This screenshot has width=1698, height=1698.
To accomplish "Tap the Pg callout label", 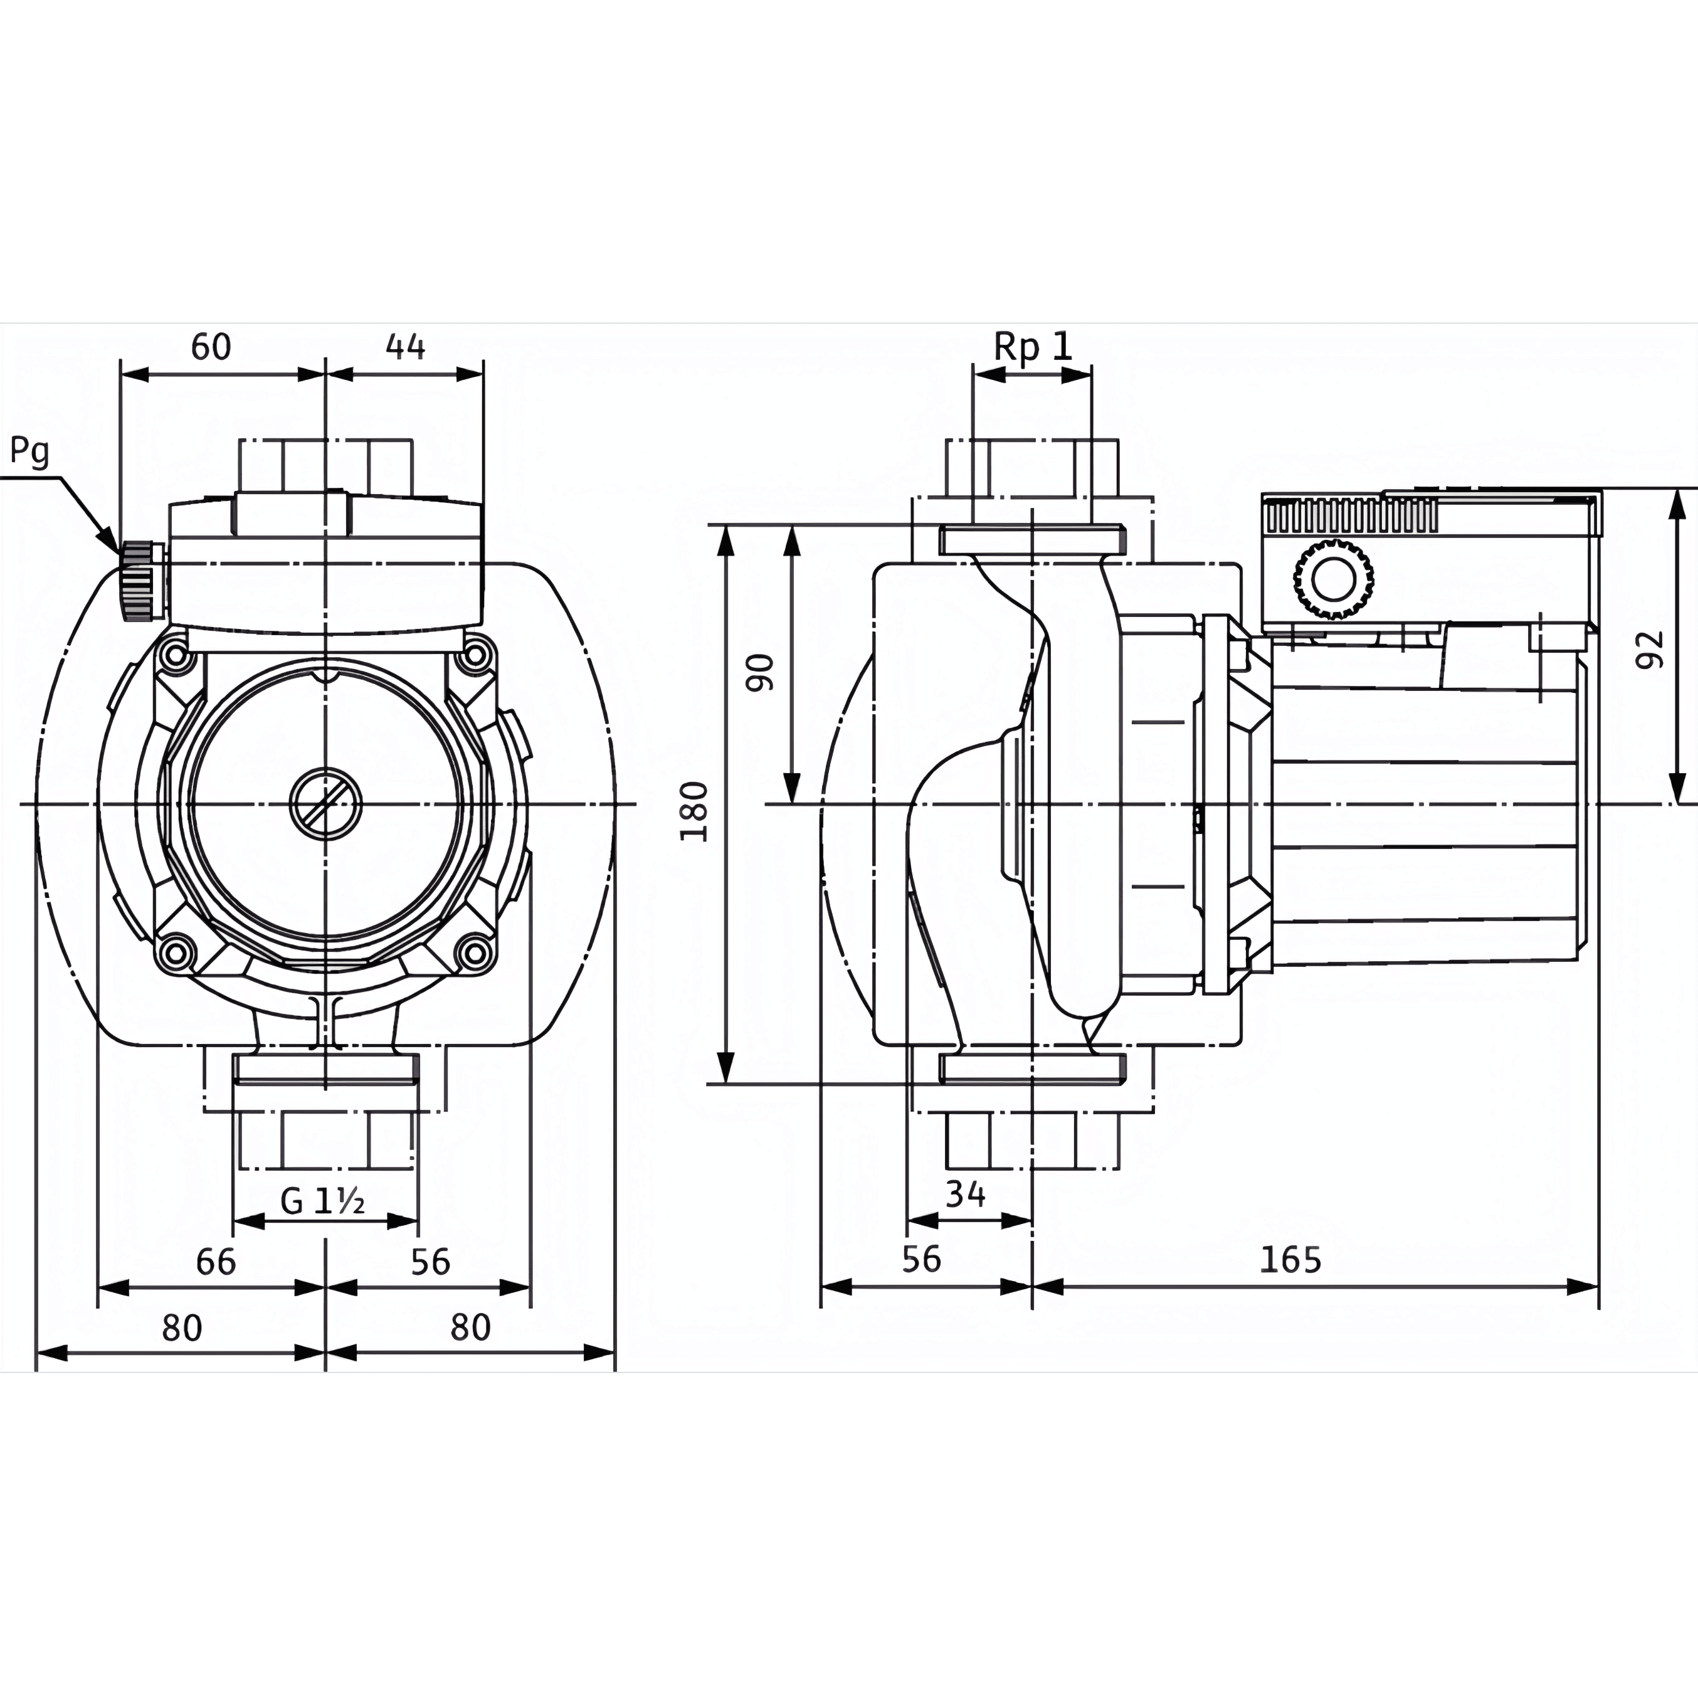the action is [x=29, y=451].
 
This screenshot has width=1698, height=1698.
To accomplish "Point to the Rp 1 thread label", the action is [x=1033, y=346].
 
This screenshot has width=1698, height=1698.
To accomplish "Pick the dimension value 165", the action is [x=1290, y=1260].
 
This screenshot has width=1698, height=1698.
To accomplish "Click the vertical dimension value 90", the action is [x=761, y=672].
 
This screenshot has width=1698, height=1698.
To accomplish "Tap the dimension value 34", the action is [x=965, y=1193].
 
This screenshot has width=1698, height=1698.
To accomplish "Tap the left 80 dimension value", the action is [x=182, y=1327].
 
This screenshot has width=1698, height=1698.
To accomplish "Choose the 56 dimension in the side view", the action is [x=921, y=1260].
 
